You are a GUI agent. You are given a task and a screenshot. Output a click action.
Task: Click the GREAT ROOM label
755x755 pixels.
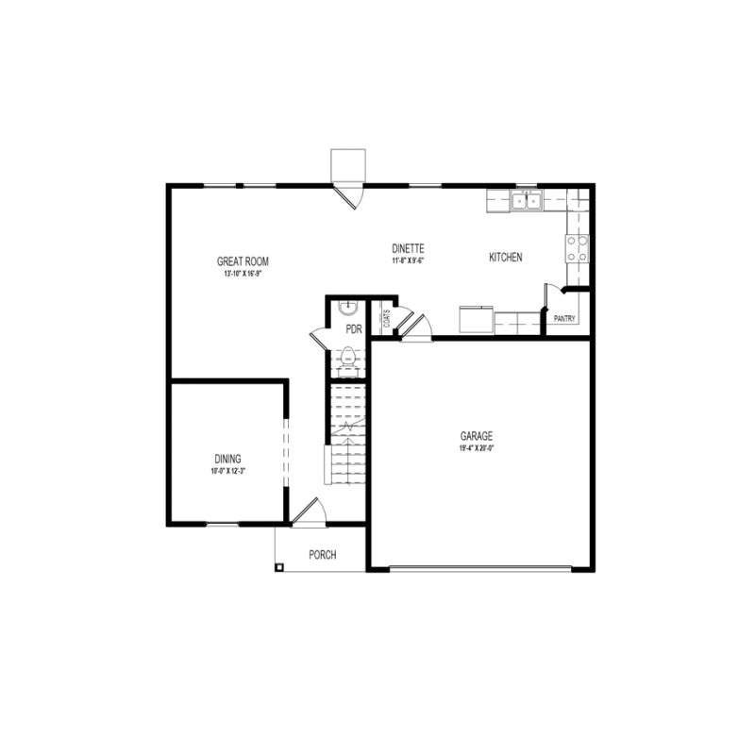[237, 261]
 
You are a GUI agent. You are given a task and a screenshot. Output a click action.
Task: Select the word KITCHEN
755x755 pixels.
[506, 258]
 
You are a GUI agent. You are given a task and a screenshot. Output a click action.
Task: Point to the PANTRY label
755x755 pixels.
[565, 319]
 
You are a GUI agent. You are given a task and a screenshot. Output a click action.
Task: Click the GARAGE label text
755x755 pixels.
[477, 436]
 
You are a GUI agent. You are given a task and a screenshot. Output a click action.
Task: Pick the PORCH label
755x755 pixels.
[323, 555]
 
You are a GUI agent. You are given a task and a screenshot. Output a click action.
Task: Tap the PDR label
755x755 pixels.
[354, 329]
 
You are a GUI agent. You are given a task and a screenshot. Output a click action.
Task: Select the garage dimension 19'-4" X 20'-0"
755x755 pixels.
[477, 448]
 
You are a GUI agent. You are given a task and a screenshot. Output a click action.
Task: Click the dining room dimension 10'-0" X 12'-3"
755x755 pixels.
[226, 471]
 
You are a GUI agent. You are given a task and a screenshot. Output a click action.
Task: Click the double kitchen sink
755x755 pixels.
[527, 200]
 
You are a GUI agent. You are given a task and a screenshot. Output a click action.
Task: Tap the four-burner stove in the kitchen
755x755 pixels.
[577, 247]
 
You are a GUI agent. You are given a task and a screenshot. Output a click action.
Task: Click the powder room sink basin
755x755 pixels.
[348, 306]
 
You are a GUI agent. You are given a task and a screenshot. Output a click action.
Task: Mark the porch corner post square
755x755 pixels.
[279, 566]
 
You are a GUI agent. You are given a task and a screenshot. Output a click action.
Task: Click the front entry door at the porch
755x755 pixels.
[310, 510]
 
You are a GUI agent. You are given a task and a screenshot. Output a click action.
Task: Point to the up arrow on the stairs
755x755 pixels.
[349, 429]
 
